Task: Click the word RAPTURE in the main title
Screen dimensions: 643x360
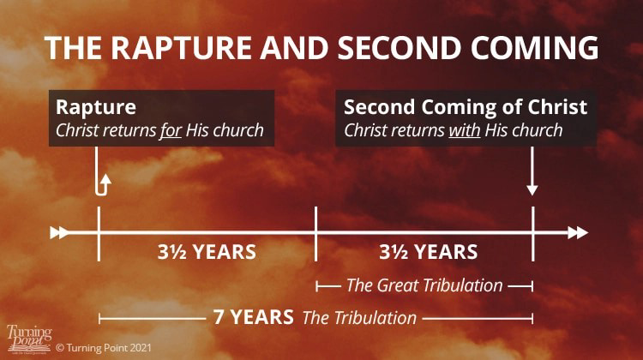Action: pyautogui.click(x=182, y=47)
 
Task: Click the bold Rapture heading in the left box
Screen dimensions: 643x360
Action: pyautogui.click(x=96, y=107)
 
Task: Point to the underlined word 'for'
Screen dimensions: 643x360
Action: pyautogui.click(x=171, y=130)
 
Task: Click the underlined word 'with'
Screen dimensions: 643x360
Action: pyautogui.click(x=465, y=130)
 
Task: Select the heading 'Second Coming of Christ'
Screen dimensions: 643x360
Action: pyautogui.click(x=466, y=107)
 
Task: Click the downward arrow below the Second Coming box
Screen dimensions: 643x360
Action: pyautogui.click(x=532, y=171)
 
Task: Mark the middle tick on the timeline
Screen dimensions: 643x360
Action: pyautogui.click(x=315, y=234)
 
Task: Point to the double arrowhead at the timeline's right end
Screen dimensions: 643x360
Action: pyautogui.click(x=578, y=233)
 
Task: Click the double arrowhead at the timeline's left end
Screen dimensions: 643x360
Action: pyautogui.click(x=59, y=232)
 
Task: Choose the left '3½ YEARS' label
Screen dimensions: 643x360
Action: pyautogui.click(x=207, y=251)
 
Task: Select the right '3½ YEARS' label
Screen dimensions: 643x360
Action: pyautogui.click(x=429, y=251)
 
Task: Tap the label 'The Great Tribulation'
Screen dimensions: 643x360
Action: pyautogui.click(x=424, y=285)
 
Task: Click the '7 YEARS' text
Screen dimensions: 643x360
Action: pyautogui.click(x=254, y=317)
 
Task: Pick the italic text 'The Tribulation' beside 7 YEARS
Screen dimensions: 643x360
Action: pyautogui.click(x=359, y=318)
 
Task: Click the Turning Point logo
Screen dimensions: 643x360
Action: pyautogui.click(x=29, y=339)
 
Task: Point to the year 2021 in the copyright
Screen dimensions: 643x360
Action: pyautogui.click(x=141, y=348)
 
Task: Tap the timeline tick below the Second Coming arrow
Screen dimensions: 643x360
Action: pyautogui.click(x=533, y=234)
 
